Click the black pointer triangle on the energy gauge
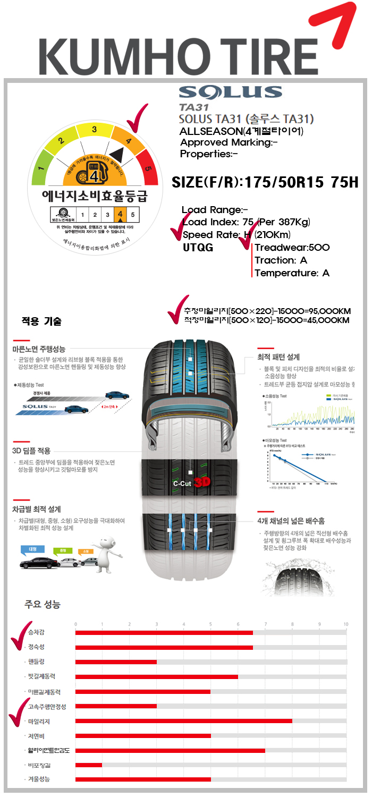[x=117, y=155]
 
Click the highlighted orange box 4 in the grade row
[x=120, y=215]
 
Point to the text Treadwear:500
[x=292, y=248]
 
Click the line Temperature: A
[x=292, y=273]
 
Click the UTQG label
[x=198, y=247]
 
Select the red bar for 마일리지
[x=183, y=721]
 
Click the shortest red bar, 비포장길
[x=88, y=765]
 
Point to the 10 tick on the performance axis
[x=345, y=624]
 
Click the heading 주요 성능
[x=43, y=604]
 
